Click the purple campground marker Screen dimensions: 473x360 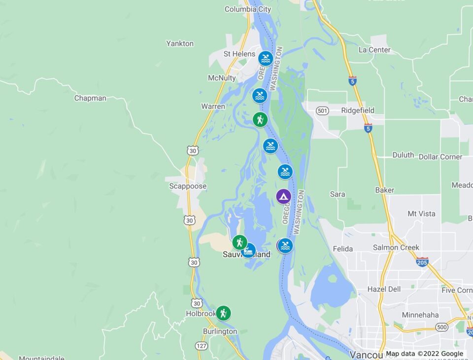(283, 196)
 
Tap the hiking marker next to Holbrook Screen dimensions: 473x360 (223, 313)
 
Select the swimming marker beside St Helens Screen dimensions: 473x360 (266, 59)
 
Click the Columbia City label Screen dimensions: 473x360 (248, 9)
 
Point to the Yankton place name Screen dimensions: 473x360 (180, 43)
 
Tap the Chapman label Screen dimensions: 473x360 (90, 98)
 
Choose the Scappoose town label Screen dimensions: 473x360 (188, 186)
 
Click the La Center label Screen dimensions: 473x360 (374, 50)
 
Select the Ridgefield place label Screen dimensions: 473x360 (358, 110)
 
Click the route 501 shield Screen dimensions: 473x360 (322, 110)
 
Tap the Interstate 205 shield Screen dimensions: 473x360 (422, 261)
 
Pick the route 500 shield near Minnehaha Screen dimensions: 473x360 (441, 327)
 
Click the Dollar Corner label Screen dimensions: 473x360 (440, 157)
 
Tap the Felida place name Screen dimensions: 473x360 (343, 249)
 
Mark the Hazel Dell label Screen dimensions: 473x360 (384, 289)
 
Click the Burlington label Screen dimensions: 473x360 (220, 331)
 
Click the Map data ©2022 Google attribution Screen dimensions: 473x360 (424, 354)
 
